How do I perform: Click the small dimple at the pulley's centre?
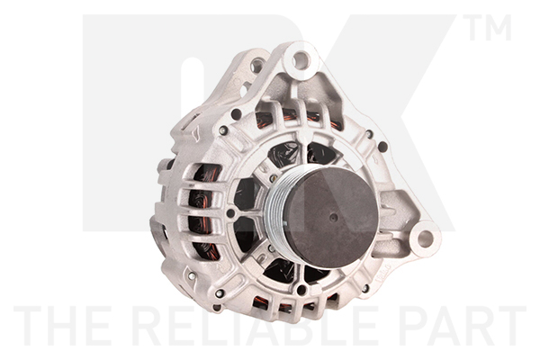pyautogui.click(x=334, y=217)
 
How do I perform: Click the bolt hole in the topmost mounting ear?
pyautogui.click(x=301, y=59)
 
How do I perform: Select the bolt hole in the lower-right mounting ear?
pyautogui.click(x=425, y=238)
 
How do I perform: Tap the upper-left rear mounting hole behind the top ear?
pyautogui.click(x=257, y=65)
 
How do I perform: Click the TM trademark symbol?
pyautogui.click(x=487, y=28)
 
